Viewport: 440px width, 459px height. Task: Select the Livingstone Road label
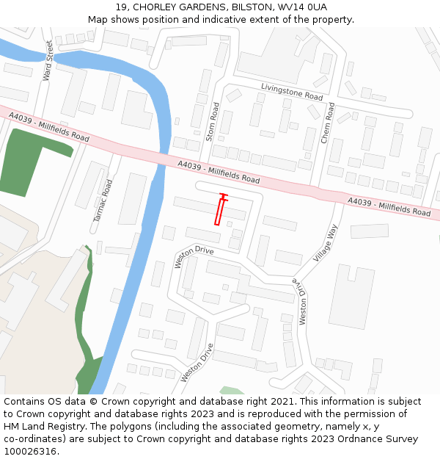click(292, 91)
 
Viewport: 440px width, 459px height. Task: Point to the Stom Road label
click(213, 121)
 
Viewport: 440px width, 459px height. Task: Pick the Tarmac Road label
click(102, 200)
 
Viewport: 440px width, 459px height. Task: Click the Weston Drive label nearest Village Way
click(301, 301)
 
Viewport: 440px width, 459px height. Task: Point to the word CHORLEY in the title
click(153, 7)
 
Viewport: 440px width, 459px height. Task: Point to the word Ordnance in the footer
click(349, 438)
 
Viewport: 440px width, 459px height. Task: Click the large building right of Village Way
click(351, 294)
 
